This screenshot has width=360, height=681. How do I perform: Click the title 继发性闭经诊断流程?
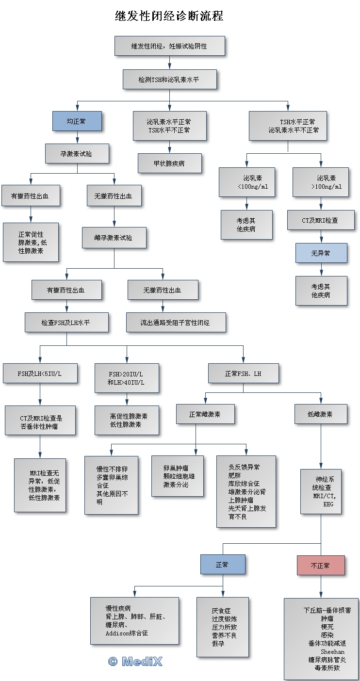tap(169, 16)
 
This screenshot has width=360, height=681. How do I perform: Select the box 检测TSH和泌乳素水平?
tap(169, 80)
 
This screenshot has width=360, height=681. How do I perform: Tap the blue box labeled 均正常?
tap(77, 121)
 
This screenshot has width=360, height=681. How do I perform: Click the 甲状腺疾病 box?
tap(169, 163)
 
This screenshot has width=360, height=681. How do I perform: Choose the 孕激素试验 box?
tap(77, 154)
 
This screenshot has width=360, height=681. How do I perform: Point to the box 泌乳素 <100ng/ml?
tap(246, 182)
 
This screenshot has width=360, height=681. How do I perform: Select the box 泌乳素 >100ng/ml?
tap(320, 182)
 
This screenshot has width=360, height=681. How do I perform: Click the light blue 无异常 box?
tap(321, 253)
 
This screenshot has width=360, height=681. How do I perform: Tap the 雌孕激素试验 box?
tap(114, 238)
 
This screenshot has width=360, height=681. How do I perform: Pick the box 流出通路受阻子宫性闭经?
tap(176, 322)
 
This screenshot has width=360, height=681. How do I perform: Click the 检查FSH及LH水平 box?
tap(66, 322)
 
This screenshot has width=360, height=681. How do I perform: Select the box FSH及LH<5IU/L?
tap(40, 373)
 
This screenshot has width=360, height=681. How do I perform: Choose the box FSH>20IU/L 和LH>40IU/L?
tap(126, 378)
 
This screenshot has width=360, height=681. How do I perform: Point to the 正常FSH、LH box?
tap(243, 373)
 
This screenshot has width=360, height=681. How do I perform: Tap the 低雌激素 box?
tap(320, 414)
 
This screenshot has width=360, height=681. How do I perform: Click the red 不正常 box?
tap(320, 565)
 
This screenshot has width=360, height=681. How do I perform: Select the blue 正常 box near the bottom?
tap(223, 564)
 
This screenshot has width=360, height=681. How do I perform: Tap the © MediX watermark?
tap(135, 661)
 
